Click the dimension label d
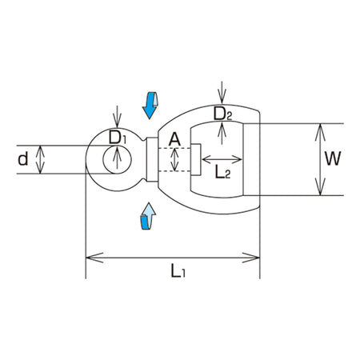(23, 159)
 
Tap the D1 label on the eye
(117, 138)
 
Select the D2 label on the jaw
(222, 114)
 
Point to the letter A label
(174, 139)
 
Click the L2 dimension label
(222, 172)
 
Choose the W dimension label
(333, 158)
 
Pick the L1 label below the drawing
(178, 270)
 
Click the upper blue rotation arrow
(150, 106)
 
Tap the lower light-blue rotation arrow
(148, 216)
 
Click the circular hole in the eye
(117, 159)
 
